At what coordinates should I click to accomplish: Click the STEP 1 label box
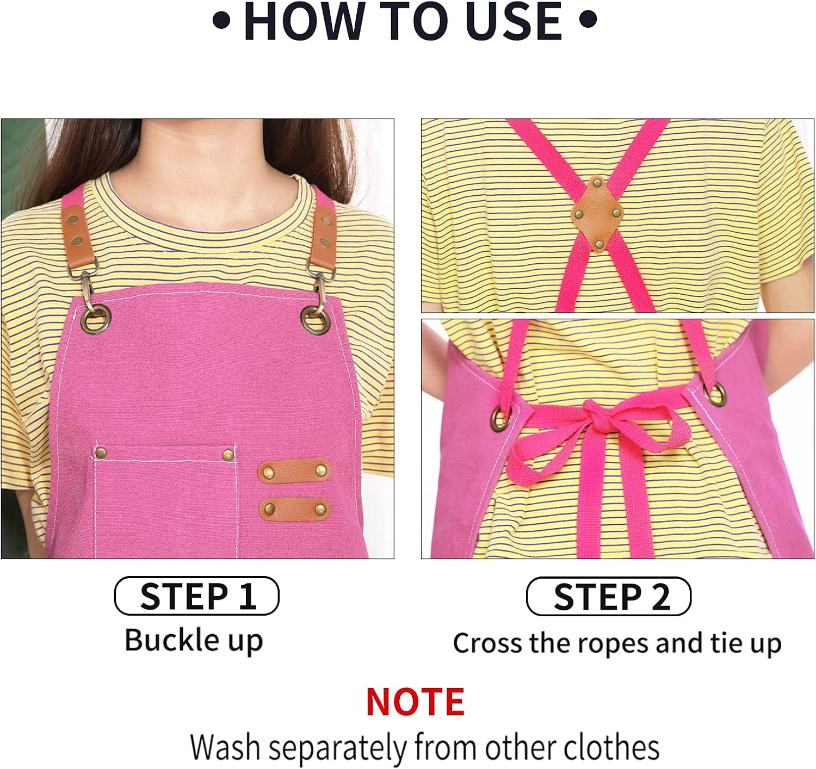point(196,596)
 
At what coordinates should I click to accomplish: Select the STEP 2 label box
point(608,597)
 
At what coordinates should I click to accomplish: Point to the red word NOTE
point(415,702)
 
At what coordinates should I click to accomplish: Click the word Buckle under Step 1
point(172,640)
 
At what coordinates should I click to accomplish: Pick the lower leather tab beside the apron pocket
point(294,509)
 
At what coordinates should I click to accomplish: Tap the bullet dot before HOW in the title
point(221,21)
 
